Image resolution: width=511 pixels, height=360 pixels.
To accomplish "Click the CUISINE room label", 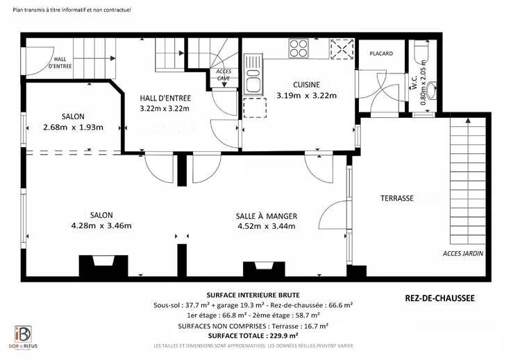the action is (306, 85).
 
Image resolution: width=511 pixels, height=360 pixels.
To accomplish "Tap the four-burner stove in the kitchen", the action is (299, 49).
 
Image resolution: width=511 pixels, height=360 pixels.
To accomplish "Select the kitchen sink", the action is (253, 74).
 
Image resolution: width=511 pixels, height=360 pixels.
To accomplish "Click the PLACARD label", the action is (381, 53).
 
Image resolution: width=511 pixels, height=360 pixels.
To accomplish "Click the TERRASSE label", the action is (397, 198).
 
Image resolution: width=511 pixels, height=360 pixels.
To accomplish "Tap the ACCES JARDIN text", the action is (463, 254).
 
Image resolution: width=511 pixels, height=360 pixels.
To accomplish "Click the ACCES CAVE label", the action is (224, 75).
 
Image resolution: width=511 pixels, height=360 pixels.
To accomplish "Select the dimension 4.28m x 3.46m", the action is (101, 225).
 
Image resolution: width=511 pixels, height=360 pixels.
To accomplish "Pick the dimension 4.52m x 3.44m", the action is (267, 226).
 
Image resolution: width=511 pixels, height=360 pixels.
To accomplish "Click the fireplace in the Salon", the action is (103, 266).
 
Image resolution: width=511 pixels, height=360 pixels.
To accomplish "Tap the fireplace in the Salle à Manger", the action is (265, 269).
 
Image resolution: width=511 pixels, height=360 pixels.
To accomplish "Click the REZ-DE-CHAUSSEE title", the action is (439, 298).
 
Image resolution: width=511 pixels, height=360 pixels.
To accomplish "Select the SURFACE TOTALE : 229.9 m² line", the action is (253, 336).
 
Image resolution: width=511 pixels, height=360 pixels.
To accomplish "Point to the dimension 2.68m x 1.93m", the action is (73, 127).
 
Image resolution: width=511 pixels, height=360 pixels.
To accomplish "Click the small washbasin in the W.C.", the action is (432, 90).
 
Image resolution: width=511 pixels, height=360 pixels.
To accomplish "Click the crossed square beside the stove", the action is (342, 49).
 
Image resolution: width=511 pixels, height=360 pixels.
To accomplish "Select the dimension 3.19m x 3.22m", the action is (306, 96).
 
